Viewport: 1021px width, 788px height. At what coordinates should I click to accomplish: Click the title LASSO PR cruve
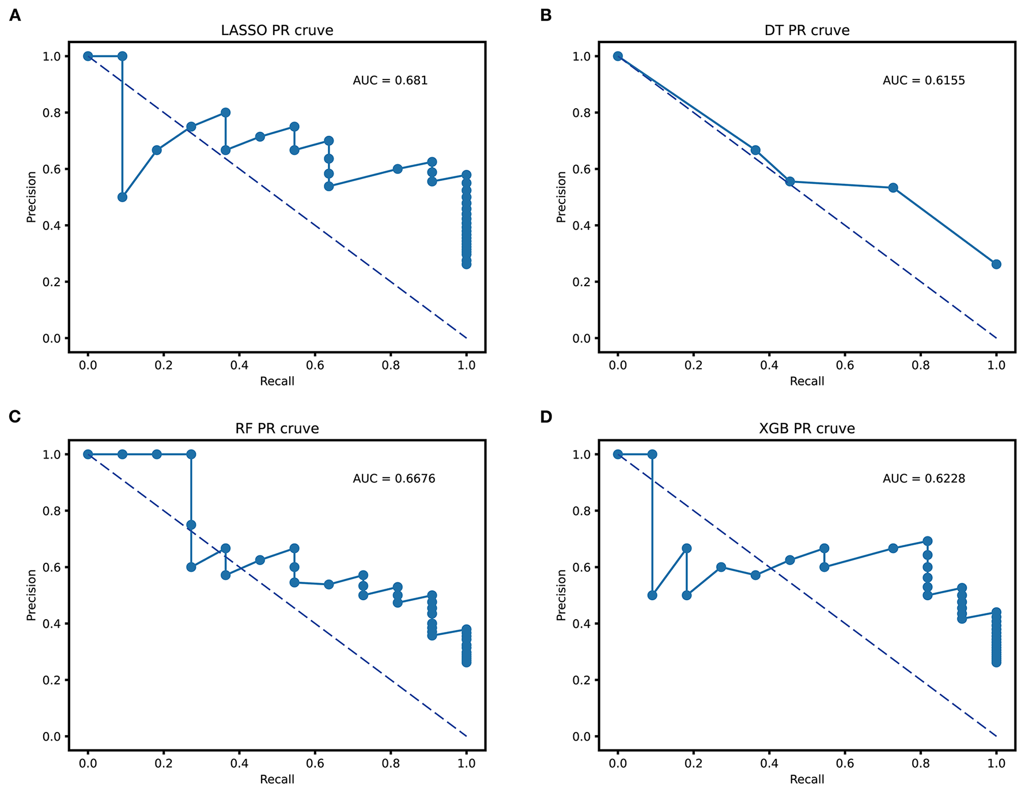(x=277, y=31)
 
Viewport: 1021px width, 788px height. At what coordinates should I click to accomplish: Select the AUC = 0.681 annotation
(x=390, y=81)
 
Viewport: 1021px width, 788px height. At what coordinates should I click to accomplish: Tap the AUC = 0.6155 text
(x=924, y=81)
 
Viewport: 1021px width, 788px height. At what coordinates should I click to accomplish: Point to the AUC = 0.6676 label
(x=394, y=479)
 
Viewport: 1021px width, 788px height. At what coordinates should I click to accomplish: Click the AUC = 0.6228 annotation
(x=924, y=479)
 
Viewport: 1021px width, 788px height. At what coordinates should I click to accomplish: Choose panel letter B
(x=546, y=16)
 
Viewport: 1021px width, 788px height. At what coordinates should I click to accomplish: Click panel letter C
(x=15, y=416)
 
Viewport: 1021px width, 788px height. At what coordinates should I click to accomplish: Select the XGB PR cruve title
(x=807, y=429)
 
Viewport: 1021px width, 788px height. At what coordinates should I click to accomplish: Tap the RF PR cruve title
(x=277, y=429)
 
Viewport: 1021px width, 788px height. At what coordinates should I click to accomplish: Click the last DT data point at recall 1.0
(x=996, y=264)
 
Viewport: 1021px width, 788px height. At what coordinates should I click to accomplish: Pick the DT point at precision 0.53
(x=893, y=188)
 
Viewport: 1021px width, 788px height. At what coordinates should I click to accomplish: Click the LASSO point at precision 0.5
(x=122, y=197)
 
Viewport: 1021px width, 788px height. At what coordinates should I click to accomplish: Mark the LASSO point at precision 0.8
(x=225, y=112)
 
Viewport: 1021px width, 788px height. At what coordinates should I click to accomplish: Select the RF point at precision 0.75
(x=191, y=525)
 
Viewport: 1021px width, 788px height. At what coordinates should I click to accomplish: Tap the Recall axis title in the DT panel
(x=807, y=381)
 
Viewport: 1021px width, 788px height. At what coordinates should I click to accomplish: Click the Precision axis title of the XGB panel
(x=561, y=595)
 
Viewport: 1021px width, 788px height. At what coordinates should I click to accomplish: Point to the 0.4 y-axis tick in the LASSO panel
(x=51, y=225)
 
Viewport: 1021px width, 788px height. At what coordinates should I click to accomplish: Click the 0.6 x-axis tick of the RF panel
(x=315, y=764)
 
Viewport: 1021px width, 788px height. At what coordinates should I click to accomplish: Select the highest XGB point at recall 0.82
(x=928, y=541)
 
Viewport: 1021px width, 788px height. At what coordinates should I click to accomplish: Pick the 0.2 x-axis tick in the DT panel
(x=693, y=366)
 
